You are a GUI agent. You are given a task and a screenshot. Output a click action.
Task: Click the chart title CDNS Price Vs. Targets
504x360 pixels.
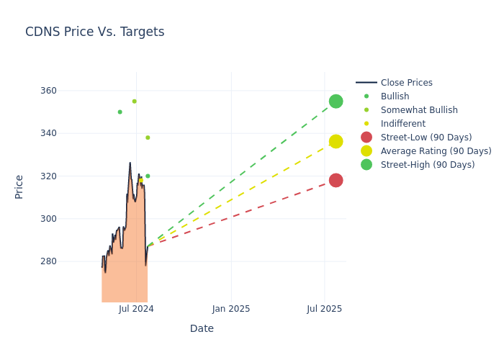94,32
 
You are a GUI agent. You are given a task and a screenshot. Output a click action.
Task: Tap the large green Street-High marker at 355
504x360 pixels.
336,102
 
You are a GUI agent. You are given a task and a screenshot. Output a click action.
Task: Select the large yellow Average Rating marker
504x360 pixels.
336,142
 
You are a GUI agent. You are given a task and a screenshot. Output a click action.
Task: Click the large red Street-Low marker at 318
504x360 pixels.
336,180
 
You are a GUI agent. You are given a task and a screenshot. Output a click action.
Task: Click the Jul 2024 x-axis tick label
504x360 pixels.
137,309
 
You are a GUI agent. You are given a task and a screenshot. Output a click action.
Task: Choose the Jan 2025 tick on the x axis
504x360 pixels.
231,309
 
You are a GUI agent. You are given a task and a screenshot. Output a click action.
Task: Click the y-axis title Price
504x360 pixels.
19,186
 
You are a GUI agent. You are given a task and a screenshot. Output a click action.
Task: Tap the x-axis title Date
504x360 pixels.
202,329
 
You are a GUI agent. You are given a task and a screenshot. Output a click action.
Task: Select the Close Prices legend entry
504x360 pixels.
406,83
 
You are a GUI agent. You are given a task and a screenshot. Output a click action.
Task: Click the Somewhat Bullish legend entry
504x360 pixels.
419,110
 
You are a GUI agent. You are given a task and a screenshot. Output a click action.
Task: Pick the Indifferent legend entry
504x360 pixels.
402,124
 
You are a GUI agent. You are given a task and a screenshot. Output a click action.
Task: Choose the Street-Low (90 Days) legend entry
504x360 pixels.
426,138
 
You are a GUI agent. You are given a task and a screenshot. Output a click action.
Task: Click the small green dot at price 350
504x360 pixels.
120,112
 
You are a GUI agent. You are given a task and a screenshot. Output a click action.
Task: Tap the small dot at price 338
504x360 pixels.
148,138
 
